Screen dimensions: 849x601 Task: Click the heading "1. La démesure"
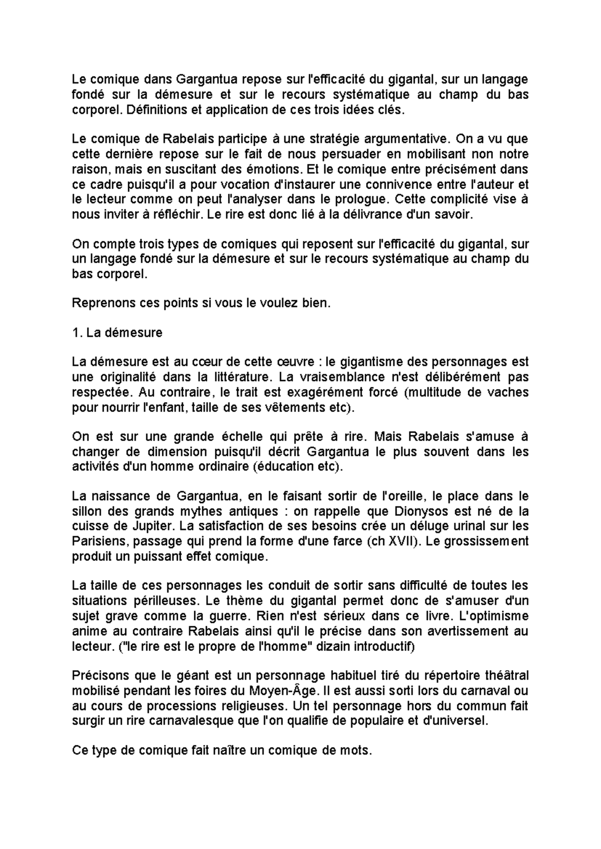[117, 332]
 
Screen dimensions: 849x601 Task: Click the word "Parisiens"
[100, 541]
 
